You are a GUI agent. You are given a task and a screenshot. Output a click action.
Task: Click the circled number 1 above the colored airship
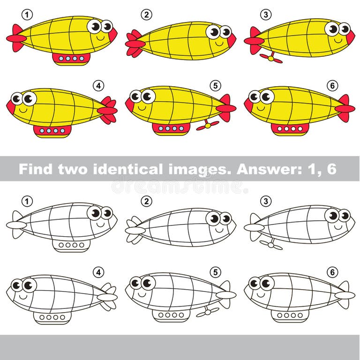pos(28,15)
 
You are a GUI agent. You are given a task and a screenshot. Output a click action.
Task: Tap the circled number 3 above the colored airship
pos(266,15)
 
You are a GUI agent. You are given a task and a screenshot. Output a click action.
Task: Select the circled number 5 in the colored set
pos(215,85)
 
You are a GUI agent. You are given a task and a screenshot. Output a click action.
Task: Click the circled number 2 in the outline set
pos(147,201)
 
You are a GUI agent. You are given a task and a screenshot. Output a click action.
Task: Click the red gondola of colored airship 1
pos(71,59)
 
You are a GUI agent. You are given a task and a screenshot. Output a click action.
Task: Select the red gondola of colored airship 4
pos(52,130)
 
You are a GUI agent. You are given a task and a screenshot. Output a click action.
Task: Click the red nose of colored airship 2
pos(232,40)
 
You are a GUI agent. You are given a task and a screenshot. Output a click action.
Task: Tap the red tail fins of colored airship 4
pos(108,111)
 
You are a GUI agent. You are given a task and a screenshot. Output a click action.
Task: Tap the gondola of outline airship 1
pos(71,245)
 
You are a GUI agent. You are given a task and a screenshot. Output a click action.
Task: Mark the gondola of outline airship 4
pos(52,317)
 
